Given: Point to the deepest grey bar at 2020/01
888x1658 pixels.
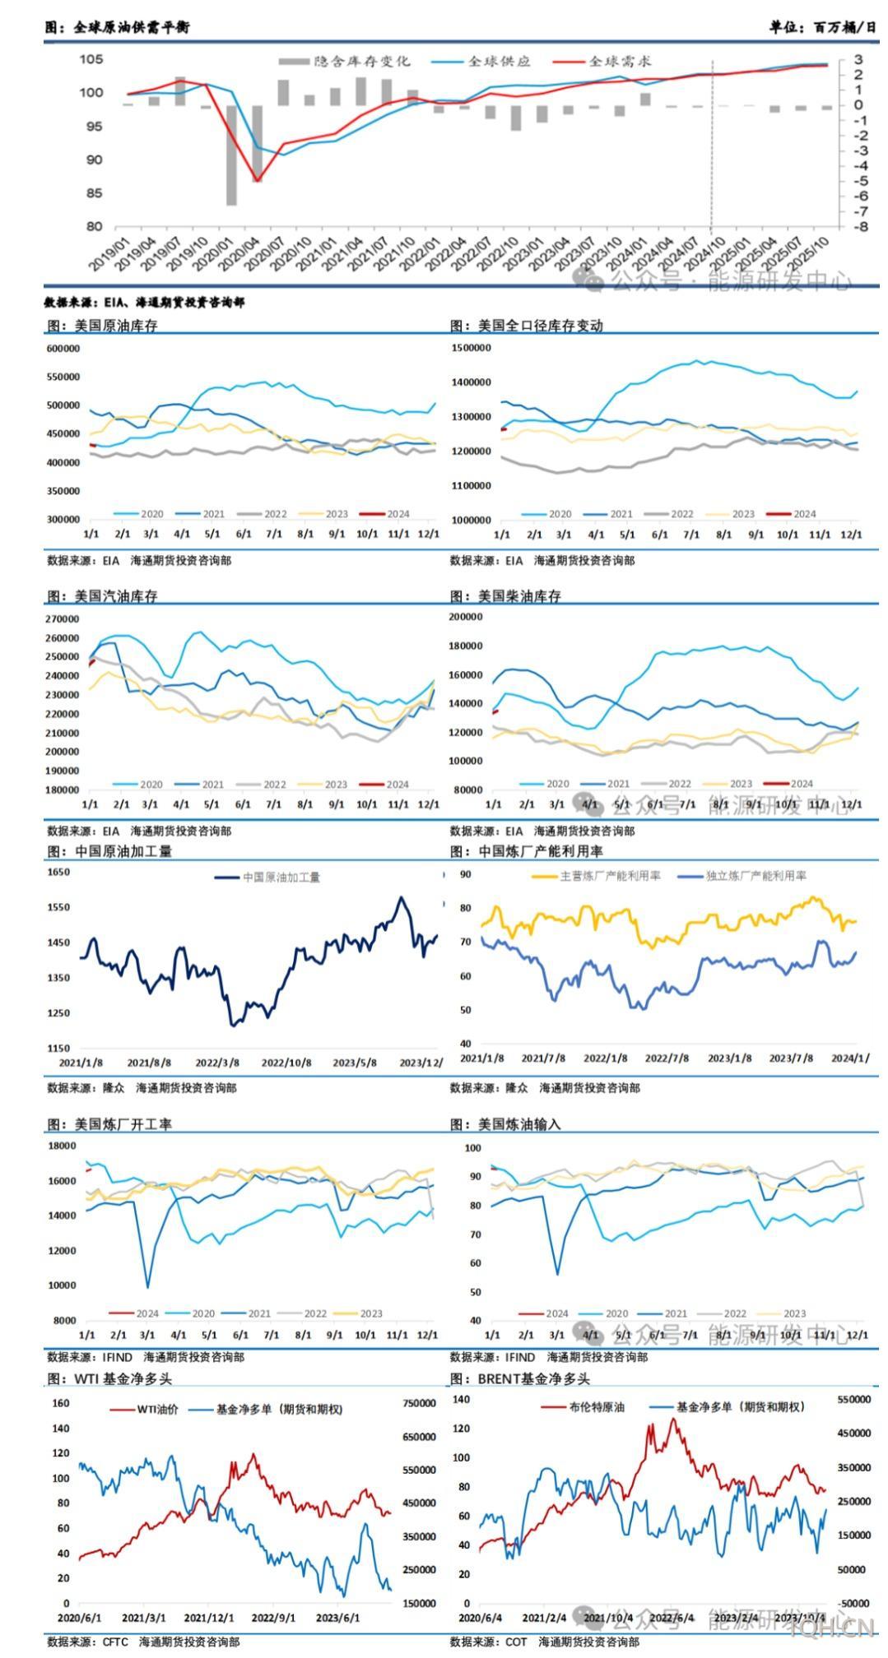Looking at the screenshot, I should (232, 155).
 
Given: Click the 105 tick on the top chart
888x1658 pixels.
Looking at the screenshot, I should (91, 59).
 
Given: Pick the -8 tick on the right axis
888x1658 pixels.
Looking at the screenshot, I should (859, 227).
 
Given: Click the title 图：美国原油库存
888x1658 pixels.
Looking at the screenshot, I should (102, 326).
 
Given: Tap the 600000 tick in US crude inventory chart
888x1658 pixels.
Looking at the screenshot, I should (63, 349).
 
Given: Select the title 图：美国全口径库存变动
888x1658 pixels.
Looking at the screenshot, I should (527, 326).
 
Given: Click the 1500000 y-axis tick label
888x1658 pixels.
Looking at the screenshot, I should (472, 348).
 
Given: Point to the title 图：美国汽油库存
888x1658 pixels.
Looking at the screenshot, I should (102, 596).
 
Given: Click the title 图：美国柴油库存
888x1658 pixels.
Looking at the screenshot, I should (505, 596).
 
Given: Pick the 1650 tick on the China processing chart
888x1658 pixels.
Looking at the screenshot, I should (59, 873).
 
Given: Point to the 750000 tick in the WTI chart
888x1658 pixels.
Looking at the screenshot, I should (419, 1403).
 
